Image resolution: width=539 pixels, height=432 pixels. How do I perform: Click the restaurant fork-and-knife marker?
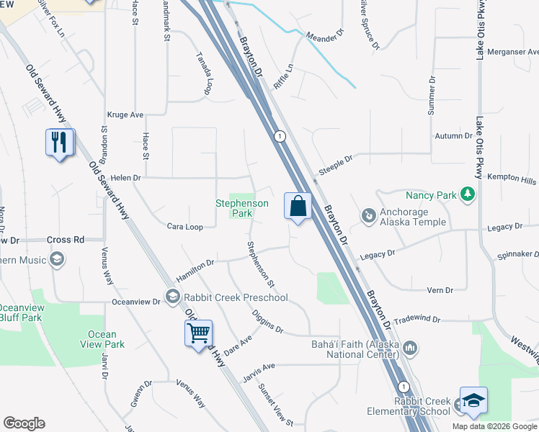(x=59, y=142)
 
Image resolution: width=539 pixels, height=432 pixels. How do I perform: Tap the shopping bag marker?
(x=298, y=207)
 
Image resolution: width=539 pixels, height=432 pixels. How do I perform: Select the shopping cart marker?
(x=198, y=333)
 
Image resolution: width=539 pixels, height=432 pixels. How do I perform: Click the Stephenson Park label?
(x=242, y=209)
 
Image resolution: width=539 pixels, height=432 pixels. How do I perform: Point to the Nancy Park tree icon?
(x=468, y=194)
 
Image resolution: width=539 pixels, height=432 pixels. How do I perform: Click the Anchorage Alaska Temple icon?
(x=368, y=215)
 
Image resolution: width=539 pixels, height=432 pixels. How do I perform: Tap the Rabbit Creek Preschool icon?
(x=172, y=296)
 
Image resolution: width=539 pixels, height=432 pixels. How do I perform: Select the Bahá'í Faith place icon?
(x=410, y=348)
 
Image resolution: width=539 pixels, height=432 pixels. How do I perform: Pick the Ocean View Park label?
(x=102, y=339)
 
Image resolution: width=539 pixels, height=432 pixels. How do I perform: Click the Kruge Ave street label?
(x=125, y=114)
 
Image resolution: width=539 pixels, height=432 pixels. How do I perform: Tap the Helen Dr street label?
(x=125, y=177)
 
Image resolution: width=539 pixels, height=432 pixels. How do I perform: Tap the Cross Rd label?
(x=65, y=240)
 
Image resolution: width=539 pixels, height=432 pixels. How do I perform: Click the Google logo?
(x=24, y=423)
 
